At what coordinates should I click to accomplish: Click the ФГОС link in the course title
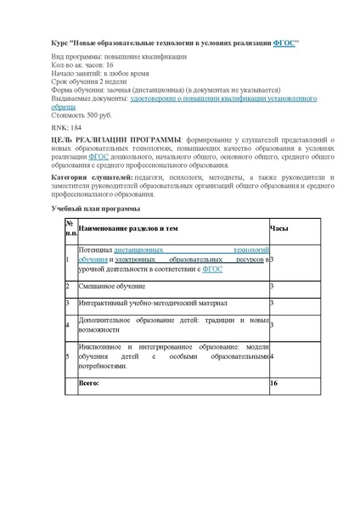pos(284,42)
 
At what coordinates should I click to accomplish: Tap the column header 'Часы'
pos(278,228)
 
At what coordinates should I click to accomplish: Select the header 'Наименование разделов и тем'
pos(128,228)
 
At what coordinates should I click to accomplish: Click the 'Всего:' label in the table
pos(89,383)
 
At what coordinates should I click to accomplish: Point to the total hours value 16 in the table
pos(273,383)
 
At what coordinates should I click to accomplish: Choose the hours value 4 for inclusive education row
pos(272,357)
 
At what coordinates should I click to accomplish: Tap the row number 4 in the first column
pos(67,325)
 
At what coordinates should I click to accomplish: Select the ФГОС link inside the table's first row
pos(212,268)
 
